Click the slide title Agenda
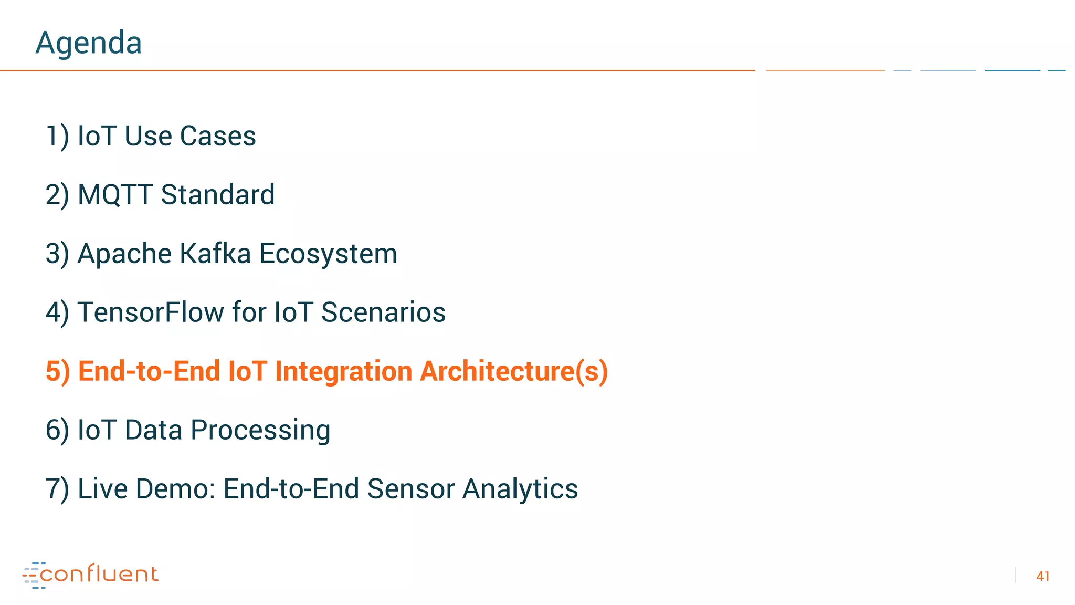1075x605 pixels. [88, 43]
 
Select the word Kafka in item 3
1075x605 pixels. [215, 254]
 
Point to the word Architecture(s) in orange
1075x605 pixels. [514, 371]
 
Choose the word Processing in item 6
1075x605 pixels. [260, 430]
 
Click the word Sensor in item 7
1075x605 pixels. [411, 489]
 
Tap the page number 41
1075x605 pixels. [1042, 576]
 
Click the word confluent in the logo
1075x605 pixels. [99, 574]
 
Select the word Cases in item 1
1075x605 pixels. [218, 136]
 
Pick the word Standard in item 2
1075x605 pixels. [218, 195]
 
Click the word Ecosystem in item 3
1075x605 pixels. [328, 254]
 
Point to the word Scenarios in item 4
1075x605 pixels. [383, 312]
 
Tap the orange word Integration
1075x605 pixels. [343, 371]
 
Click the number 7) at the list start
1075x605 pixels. [57, 489]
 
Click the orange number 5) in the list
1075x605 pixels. [57, 371]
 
